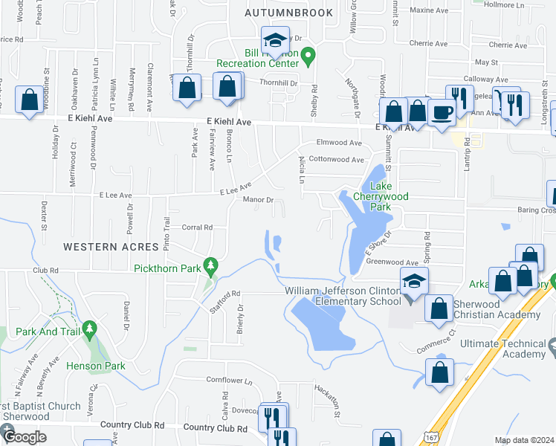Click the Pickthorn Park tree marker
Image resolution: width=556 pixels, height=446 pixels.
click(x=212, y=265)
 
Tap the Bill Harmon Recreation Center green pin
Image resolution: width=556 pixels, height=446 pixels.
click(x=311, y=55)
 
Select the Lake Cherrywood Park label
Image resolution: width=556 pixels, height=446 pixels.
click(x=386, y=190)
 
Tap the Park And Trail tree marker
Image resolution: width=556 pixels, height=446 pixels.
click(x=90, y=327)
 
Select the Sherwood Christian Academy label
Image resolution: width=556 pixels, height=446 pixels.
click(x=494, y=309)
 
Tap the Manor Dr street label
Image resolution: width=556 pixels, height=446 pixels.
click(x=259, y=200)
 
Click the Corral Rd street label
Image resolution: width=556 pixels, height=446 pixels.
click(x=197, y=227)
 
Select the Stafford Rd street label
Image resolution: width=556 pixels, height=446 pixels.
click(x=225, y=303)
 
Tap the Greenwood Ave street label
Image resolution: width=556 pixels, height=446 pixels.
click(x=392, y=262)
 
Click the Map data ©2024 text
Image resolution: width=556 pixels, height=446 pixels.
click(x=524, y=441)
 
